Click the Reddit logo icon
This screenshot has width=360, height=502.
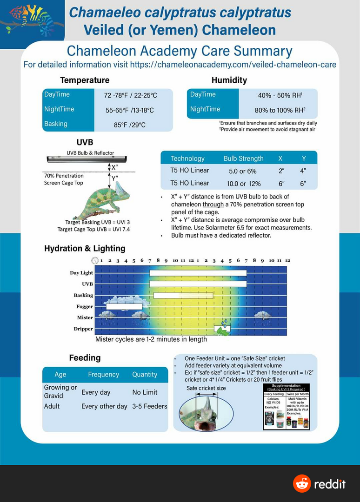[x=302, y=484]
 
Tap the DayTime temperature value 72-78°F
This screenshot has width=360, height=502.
[x=131, y=95]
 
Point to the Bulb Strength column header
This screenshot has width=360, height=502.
[x=243, y=159]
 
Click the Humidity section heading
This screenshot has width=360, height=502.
[x=229, y=80]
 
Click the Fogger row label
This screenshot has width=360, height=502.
[x=84, y=307]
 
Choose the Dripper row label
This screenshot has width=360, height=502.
[x=83, y=329]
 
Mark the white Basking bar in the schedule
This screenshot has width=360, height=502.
[x=183, y=295]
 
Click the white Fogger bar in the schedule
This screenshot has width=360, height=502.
[x=124, y=306]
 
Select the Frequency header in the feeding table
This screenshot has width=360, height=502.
[x=103, y=374]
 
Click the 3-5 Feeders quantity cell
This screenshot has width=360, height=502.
[x=149, y=406]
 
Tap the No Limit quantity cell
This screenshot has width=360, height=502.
[x=145, y=392]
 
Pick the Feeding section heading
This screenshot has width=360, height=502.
[x=85, y=357]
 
